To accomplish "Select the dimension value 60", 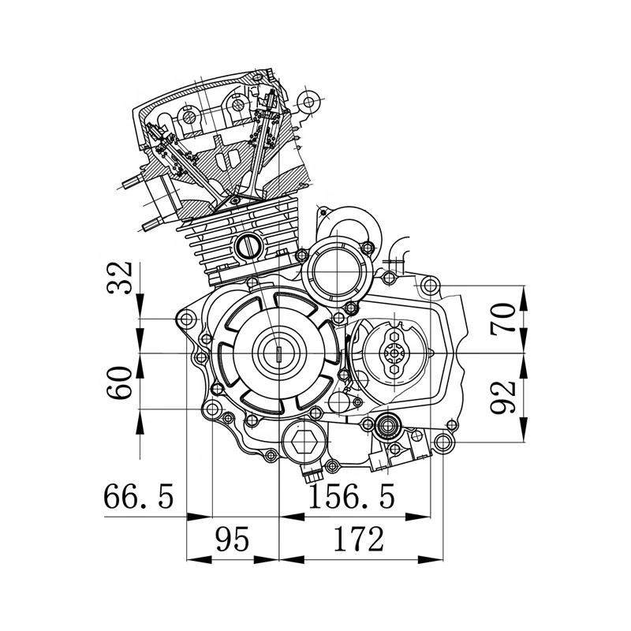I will [120, 383].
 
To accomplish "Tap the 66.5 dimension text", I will [138, 498].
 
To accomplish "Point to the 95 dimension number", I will [232, 540].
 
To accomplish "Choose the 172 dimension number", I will [358, 540].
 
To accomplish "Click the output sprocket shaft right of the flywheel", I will [394, 353].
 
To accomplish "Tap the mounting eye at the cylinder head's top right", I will [310, 100].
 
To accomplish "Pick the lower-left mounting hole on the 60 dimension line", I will [211, 409].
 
